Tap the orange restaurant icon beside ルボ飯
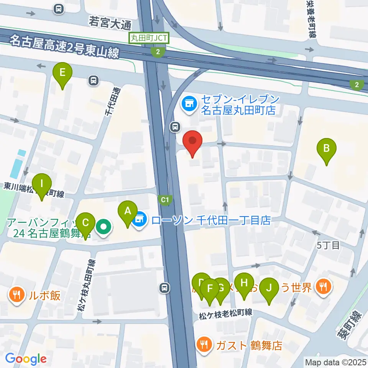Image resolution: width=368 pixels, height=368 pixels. pos(17,296)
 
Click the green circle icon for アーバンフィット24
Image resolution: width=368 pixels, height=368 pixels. pos(103,227)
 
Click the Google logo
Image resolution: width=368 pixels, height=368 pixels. pos(26,359)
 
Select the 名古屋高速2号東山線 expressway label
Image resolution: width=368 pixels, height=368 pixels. pos(65,46)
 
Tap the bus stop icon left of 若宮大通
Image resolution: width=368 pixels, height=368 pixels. pos(59,8)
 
